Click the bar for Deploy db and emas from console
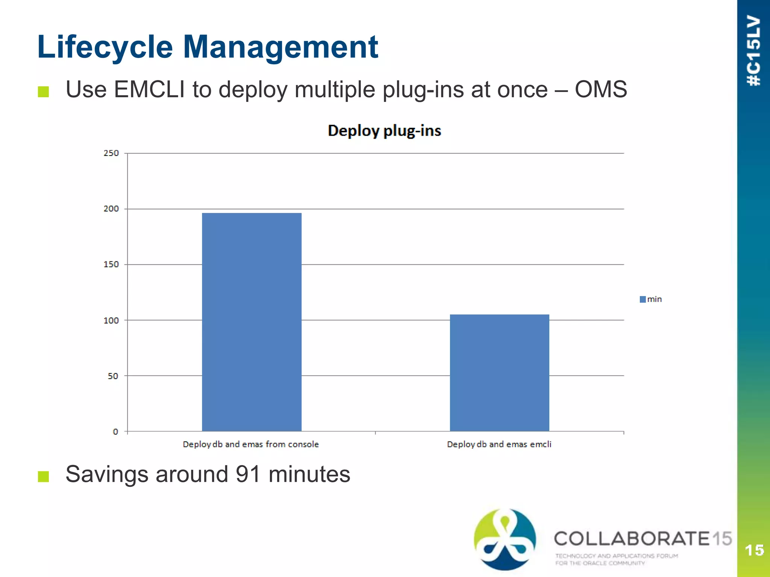pos(252,322)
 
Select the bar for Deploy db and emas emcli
pos(499,373)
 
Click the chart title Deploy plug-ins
pos(384,131)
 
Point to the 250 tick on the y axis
pos(111,153)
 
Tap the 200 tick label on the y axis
pos(111,208)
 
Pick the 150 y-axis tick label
pos(111,264)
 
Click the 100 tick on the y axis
pos(111,320)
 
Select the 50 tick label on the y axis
pos(113,376)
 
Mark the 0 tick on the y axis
pos(115,432)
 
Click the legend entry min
pos(651,299)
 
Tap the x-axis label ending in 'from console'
pos(251,444)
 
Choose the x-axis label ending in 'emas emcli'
pos(499,444)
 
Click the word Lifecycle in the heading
pos(105,48)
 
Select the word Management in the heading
pos(280,48)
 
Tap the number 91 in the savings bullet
pos(248,474)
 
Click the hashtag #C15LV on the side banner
pos(754,51)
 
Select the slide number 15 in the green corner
pos(754,550)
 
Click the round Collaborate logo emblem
pos(505,539)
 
